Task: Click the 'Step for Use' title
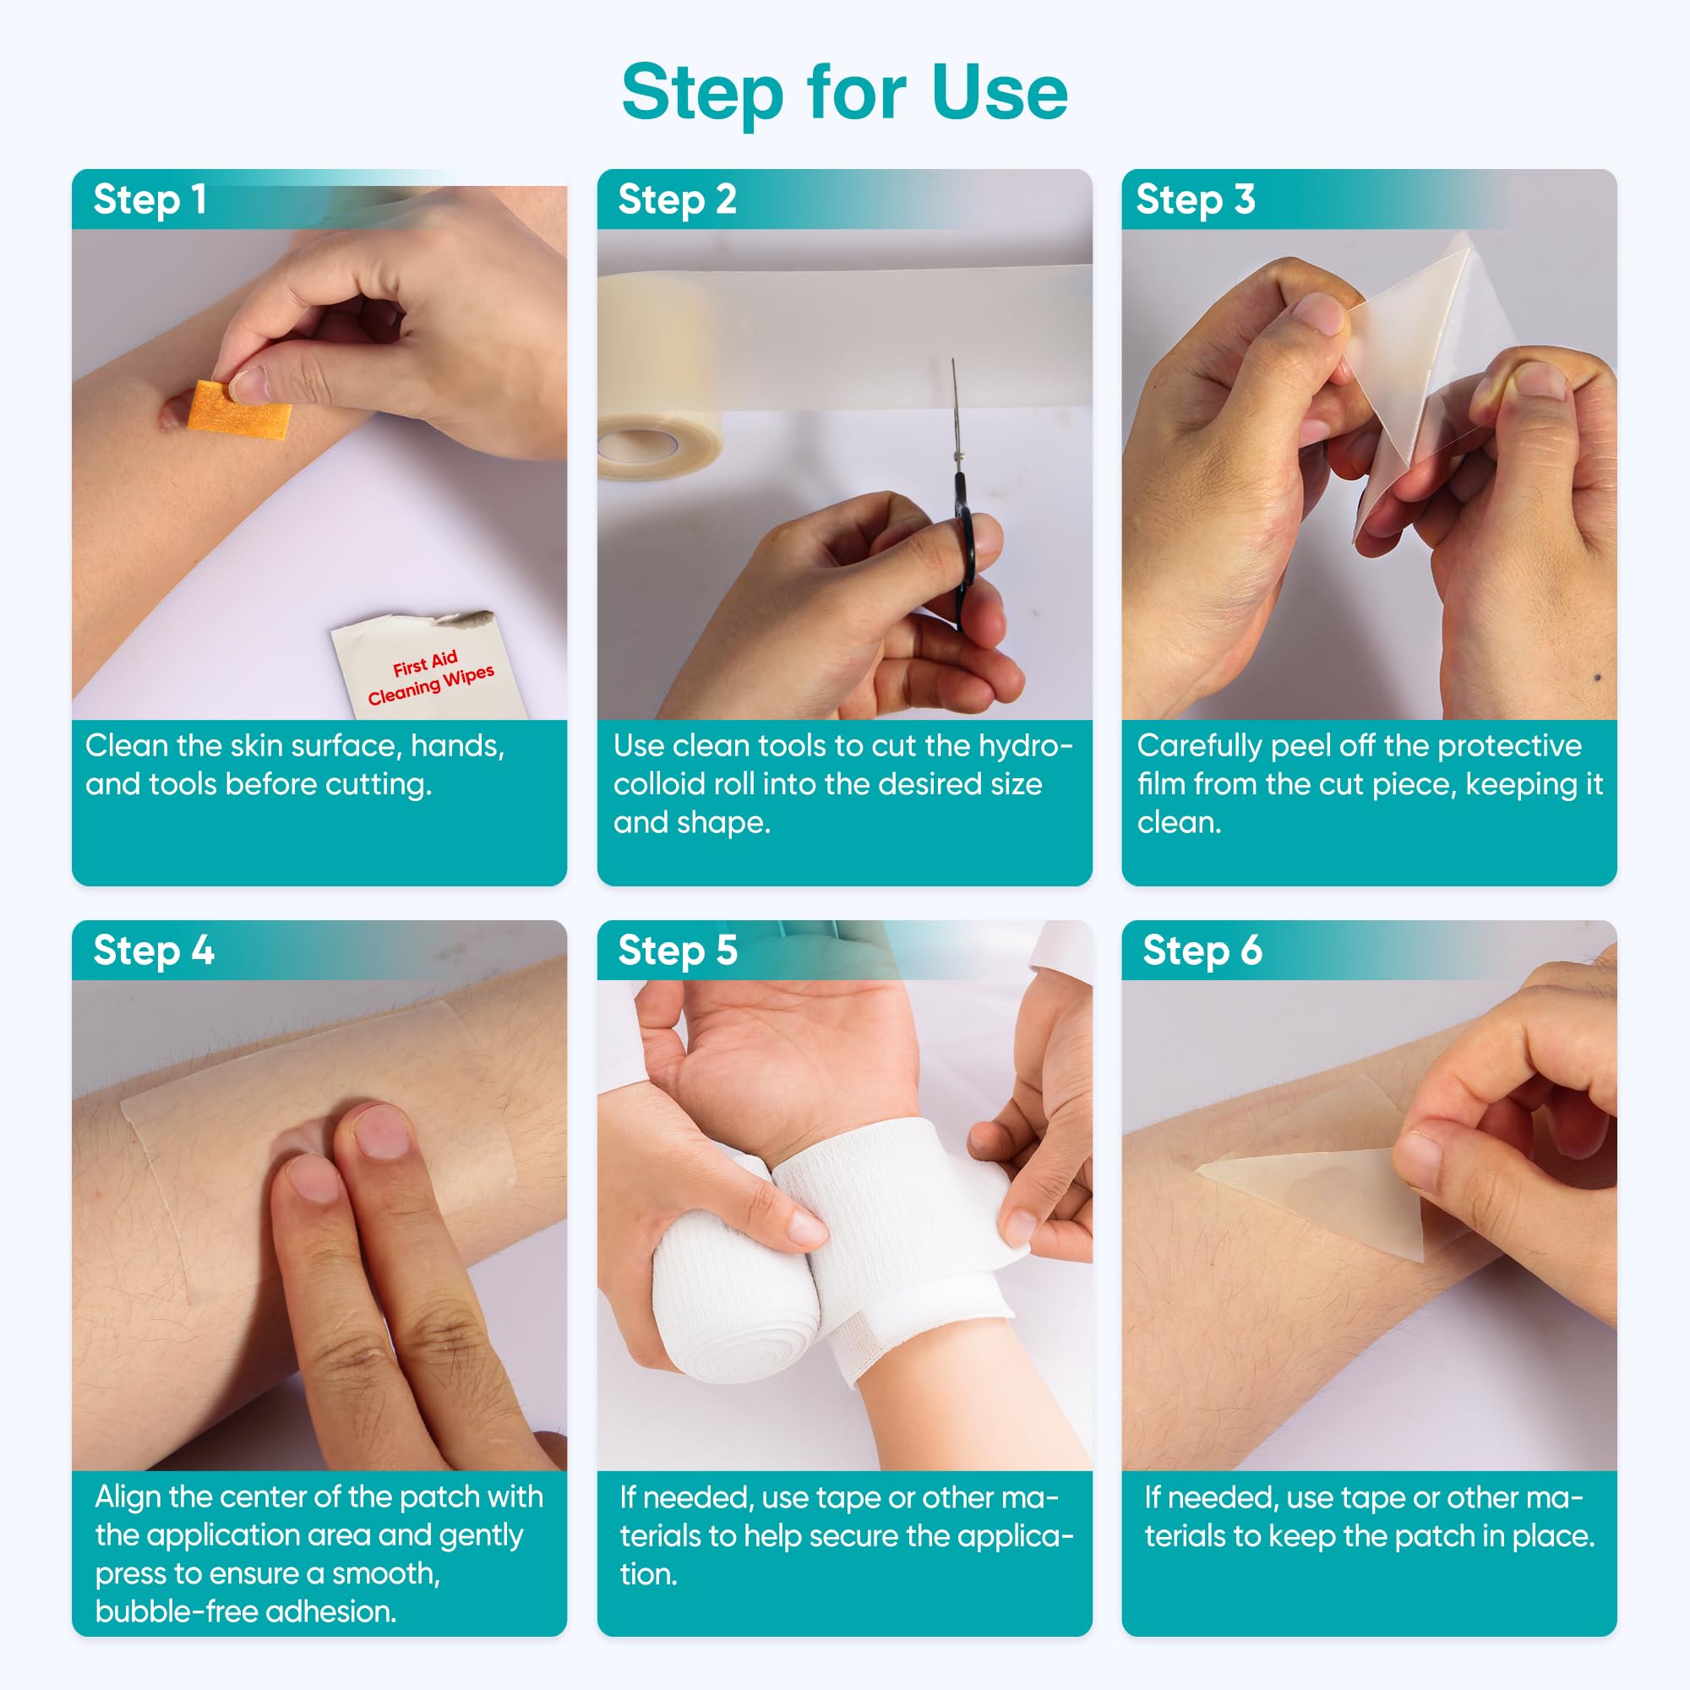click(x=845, y=94)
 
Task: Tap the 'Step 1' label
click(x=150, y=199)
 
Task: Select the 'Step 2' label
click(x=677, y=199)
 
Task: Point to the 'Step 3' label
click(x=1195, y=199)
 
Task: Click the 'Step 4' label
click(x=154, y=950)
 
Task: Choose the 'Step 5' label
click(x=677, y=950)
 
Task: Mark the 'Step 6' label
click(x=1202, y=950)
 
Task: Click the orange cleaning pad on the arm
click(x=238, y=409)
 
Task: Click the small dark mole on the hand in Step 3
click(x=1599, y=677)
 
